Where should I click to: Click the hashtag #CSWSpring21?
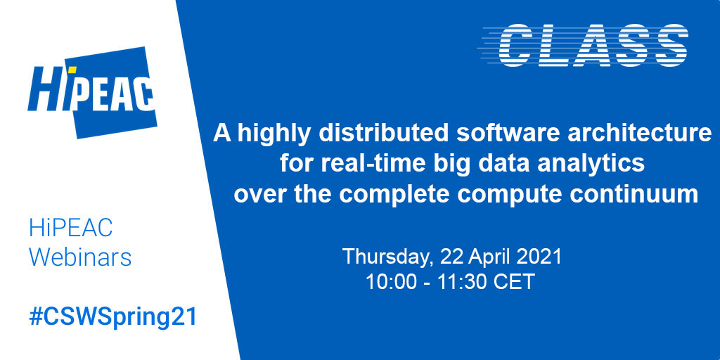point(113,316)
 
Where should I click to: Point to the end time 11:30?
point(456,282)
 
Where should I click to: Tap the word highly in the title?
point(271,134)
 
